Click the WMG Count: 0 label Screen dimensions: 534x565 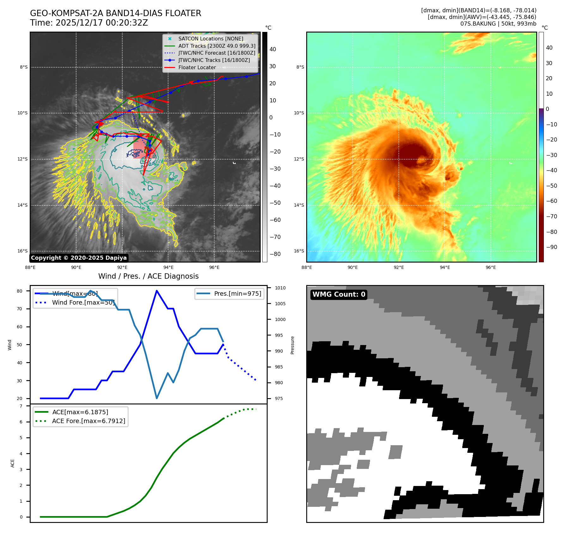pos(339,294)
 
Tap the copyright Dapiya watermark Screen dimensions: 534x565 pos(79,258)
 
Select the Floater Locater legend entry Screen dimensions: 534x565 pos(197,67)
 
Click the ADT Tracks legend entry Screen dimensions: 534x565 pos(217,46)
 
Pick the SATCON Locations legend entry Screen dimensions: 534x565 pos(211,39)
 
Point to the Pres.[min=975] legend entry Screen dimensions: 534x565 pos(238,294)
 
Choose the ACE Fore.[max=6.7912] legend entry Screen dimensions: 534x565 pos(88,421)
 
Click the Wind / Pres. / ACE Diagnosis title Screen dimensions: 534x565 pos(149,276)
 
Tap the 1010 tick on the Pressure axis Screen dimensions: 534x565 pos(280,288)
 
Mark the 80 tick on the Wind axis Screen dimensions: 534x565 pos(20,291)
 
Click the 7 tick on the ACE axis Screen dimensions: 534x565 pos(21,406)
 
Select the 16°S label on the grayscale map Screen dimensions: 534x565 pos(22,251)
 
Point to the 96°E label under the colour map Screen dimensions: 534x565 pos(491,267)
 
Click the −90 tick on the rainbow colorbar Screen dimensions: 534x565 pos(552,247)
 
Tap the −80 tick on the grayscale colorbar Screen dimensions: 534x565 pos(275,254)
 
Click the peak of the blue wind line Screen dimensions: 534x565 pos(157,291)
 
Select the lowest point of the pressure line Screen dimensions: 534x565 pos(157,398)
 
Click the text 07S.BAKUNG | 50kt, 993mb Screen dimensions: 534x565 pos(498,24)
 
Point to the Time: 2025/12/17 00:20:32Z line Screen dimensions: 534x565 pos(89,23)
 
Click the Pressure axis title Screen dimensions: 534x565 pos(292,345)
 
